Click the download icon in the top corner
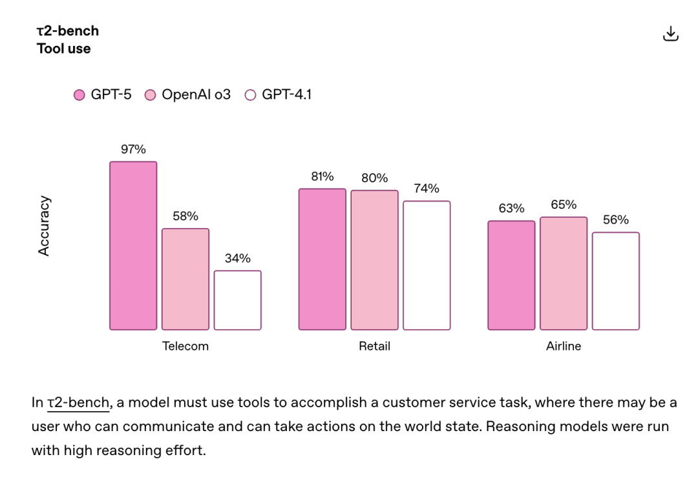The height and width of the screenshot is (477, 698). click(x=671, y=34)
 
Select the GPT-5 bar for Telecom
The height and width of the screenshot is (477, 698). click(x=133, y=246)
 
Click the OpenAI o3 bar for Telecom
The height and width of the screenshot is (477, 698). click(x=185, y=279)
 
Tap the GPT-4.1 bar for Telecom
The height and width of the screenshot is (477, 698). click(x=238, y=300)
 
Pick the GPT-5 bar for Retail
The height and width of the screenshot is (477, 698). click(x=322, y=259)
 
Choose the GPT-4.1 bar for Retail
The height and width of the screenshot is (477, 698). click(x=427, y=265)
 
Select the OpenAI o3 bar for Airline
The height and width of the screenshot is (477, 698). click(x=564, y=273)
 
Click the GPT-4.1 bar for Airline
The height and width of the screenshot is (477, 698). click(x=616, y=281)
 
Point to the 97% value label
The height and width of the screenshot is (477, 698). click(x=133, y=149)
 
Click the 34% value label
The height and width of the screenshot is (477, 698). click(x=238, y=259)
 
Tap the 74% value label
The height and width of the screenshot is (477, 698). click(x=427, y=189)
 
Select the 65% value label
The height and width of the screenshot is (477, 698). click(x=564, y=205)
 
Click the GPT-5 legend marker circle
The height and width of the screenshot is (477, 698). click(x=79, y=96)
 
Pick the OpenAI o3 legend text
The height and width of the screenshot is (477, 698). click(x=196, y=95)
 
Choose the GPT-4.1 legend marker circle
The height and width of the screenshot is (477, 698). click(x=251, y=96)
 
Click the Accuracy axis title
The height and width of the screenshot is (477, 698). click(x=44, y=226)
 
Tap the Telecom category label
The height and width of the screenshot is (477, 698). click(x=185, y=346)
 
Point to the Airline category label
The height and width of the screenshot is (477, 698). click(x=564, y=346)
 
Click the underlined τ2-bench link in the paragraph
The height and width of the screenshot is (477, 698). click(x=79, y=403)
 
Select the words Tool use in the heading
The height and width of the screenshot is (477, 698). click(x=64, y=49)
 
